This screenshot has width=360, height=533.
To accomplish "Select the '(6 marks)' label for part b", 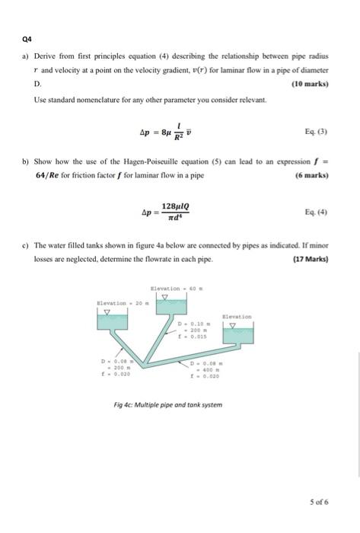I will point(311,174).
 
